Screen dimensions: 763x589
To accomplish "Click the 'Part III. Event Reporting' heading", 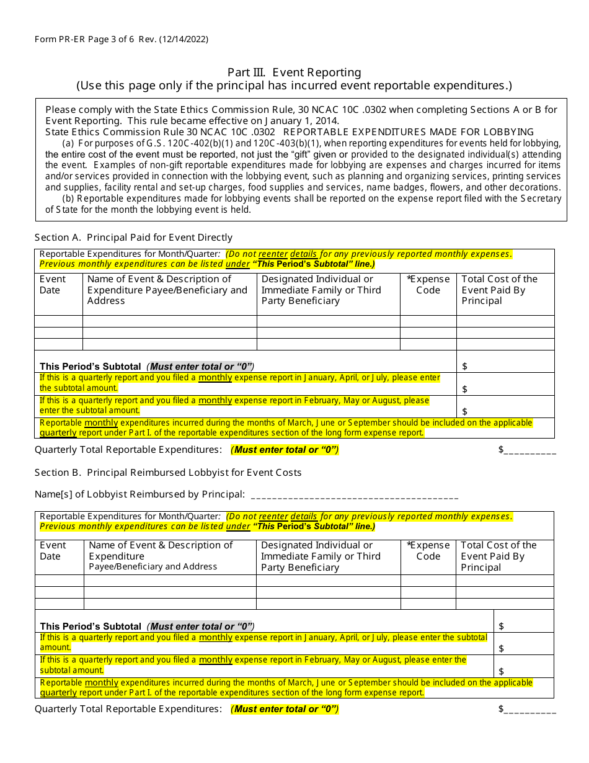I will coord(294,73).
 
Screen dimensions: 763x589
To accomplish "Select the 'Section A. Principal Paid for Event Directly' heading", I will coord(133,237).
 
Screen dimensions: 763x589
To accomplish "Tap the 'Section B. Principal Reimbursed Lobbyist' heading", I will coord(168,472).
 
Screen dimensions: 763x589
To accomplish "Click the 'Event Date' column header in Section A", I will coord(53,285).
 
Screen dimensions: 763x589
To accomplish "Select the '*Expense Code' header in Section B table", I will coord(428,551).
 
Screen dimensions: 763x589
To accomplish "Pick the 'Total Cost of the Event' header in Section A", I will coord(500,290).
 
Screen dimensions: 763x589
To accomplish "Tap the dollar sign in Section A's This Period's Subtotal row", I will coord(465,367).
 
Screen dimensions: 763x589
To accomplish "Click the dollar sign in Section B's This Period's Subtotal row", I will coord(502,627).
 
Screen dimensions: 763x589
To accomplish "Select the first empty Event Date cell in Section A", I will coord(58,321).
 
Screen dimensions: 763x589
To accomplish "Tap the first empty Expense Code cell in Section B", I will coord(428,581).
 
